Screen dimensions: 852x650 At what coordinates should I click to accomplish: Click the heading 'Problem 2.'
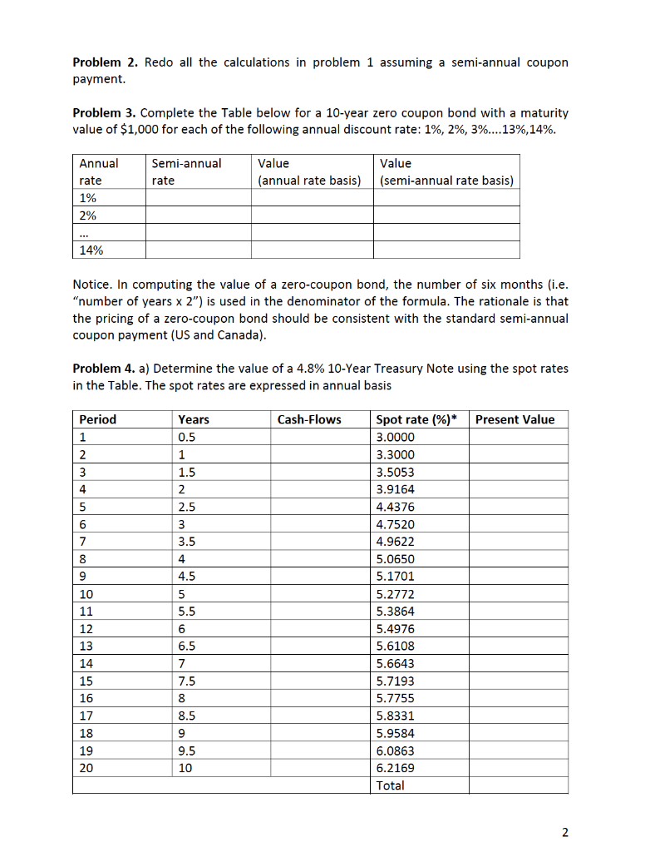click(106, 63)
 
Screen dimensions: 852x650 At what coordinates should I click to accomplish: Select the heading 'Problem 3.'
click(106, 113)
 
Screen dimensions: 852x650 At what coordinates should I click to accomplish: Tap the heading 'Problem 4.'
click(106, 369)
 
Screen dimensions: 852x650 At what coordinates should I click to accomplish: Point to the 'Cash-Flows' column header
click(309, 419)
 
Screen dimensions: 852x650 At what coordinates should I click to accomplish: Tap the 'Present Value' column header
click(515, 419)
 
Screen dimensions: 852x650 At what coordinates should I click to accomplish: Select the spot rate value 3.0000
click(395, 437)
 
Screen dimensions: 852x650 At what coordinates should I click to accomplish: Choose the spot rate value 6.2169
click(395, 768)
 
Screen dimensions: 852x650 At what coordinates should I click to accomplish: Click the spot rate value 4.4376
click(395, 507)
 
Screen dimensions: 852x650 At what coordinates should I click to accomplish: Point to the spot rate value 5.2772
click(395, 594)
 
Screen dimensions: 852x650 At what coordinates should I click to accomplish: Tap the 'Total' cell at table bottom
click(390, 785)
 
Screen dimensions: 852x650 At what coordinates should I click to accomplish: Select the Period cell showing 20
click(86, 768)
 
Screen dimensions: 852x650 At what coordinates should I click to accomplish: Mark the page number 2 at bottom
click(565, 831)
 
